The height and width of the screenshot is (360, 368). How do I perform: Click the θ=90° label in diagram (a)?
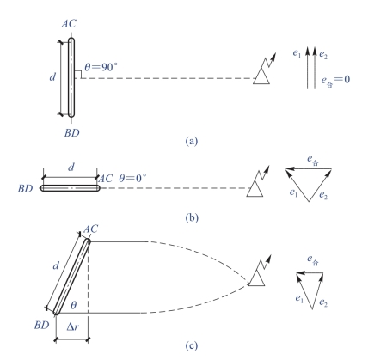tap(101, 67)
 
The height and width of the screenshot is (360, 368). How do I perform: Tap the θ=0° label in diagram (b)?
tap(132, 178)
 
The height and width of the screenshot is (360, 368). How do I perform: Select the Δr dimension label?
tap(73, 326)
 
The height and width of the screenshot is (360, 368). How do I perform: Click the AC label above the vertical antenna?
tap(69, 24)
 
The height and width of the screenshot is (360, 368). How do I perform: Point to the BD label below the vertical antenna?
tap(71, 133)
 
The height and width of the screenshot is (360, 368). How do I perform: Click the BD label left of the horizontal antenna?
tap(25, 188)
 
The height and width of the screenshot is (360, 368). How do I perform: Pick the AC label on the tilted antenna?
tap(90, 229)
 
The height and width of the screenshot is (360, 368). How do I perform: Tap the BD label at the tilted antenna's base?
tap(42, 325)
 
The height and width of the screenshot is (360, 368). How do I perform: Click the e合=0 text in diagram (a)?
tap(335, 80)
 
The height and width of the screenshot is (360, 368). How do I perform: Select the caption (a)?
tap(192, 141)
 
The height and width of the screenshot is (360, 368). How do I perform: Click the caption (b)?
tap(192, 218)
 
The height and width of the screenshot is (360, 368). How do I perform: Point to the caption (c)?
tap(192, 346)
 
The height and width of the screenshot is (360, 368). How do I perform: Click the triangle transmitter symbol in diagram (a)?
tap(261, 76)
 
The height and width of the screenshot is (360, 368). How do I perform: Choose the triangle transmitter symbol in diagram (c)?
tap(257, 278)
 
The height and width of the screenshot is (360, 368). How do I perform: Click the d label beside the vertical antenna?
tap(52, 77)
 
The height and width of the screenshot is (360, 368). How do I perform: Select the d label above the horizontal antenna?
tap(71, 167)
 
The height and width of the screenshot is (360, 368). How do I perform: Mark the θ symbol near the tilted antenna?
tap(74, 305)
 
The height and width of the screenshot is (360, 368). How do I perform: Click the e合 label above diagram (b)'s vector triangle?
tap(313, 160)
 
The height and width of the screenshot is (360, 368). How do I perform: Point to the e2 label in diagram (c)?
tap(323, 302)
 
